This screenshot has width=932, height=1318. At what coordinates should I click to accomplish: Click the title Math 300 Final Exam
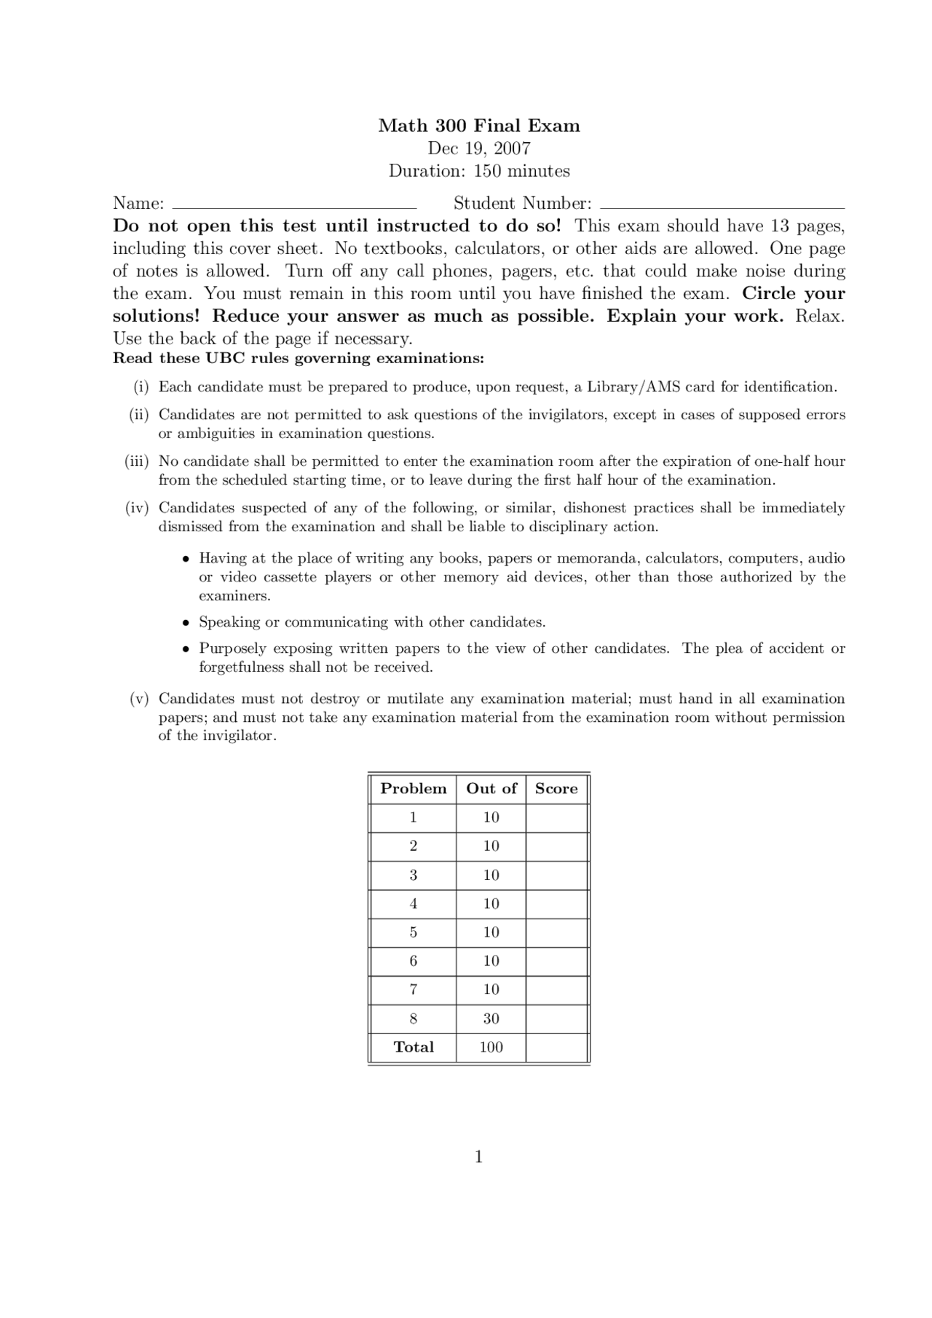[x=478, y=126]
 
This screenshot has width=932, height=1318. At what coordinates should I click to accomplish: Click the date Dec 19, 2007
[x=478, y=148]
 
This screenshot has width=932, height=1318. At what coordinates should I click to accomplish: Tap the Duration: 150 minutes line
[x=478, y=171]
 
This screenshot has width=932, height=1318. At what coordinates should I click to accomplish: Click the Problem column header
[x=413, y=789]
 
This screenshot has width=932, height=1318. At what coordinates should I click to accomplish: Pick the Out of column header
[x=491, y=789]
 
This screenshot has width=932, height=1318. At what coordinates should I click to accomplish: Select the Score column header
[x=556, y=789]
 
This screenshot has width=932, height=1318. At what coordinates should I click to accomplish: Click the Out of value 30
[x=491, y=1019]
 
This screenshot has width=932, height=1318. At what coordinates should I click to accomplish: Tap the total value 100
[x=491, y=1047]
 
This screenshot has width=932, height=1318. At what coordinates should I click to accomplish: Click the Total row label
[x=413, y=1047]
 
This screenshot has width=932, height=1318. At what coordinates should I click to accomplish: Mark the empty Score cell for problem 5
[x=556, y=933]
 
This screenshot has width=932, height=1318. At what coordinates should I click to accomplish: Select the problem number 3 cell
[x=413, y=876]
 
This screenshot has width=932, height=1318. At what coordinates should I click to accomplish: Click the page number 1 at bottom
[x=478, y=1157]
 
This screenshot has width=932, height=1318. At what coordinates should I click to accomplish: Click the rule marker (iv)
[x=137, y=508]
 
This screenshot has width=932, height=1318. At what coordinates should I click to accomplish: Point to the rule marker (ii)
[x=138, y=415]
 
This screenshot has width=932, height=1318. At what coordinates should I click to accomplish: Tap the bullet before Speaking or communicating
[x=186, y=623]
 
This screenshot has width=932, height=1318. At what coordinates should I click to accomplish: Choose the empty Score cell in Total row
[x=556, y=1047]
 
